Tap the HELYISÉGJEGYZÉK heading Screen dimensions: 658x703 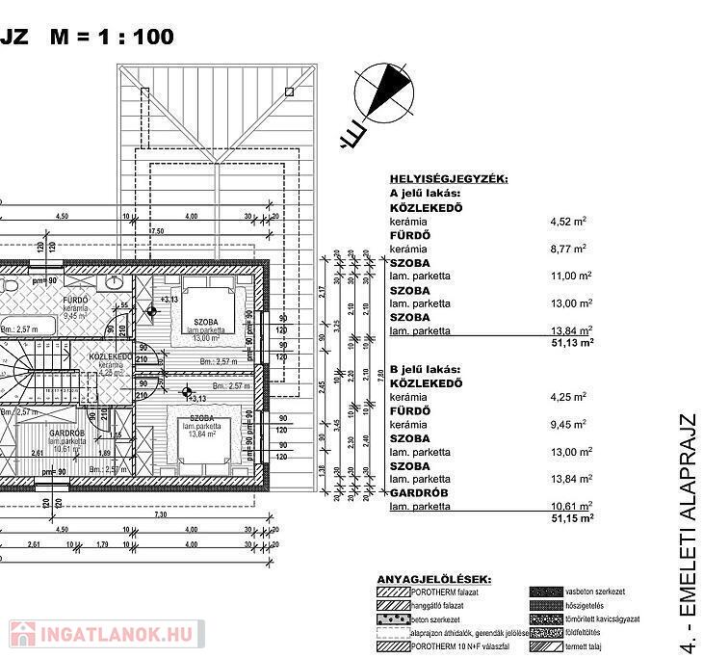click(x=448, y=179)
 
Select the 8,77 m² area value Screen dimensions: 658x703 click(x=568, y=249)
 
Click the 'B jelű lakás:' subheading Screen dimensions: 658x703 click(x=427, y=369)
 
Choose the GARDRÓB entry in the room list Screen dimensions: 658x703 click(x=417, y=492)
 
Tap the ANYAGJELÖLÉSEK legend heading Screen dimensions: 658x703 click(x=433, y=579)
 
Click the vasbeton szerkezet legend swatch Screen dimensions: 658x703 click(x=545, y=591)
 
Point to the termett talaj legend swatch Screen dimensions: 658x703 click(x=545, y=646)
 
